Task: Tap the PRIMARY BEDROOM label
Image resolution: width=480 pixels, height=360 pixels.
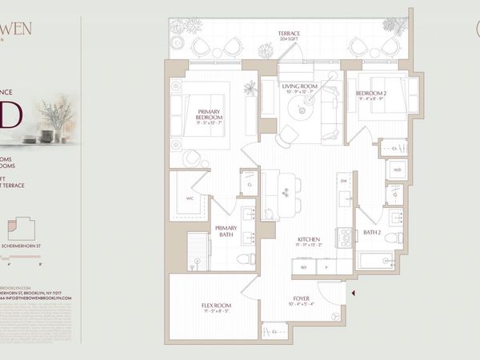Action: (209, 114)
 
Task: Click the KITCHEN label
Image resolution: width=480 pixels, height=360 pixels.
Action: (310, 240)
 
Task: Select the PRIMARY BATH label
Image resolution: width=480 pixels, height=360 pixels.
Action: (226, 232)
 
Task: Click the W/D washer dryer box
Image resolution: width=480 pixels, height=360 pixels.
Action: (397, 170)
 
